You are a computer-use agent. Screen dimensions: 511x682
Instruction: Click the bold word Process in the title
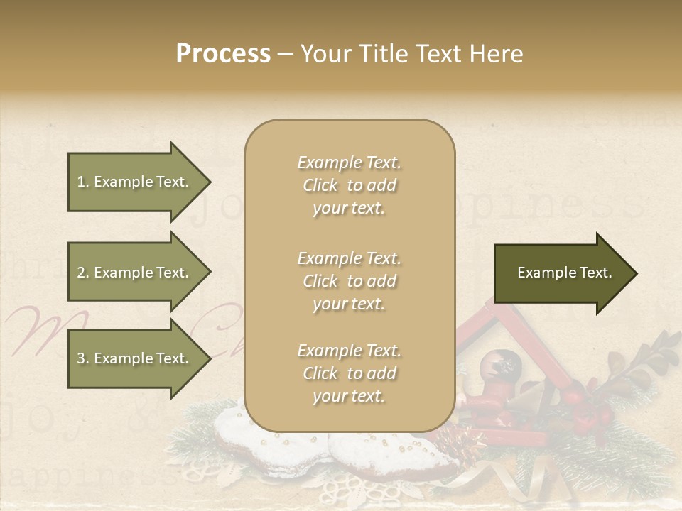tap(223, 53)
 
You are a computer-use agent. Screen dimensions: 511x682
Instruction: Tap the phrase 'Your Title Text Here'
tap(411, 54)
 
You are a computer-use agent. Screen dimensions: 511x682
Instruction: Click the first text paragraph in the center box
tap(349, 185)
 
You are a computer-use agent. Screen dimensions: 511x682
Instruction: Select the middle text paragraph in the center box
tap(349, 281)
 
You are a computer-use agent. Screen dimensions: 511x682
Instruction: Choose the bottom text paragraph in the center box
tap(349, 373)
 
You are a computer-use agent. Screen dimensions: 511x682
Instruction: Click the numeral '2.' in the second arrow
tap(83, 273)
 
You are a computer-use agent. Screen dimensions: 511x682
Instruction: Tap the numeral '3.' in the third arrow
tap(83, 358)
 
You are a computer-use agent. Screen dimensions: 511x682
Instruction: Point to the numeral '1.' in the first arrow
tap(82, 182)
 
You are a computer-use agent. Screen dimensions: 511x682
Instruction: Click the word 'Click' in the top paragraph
tap(320, 185)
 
